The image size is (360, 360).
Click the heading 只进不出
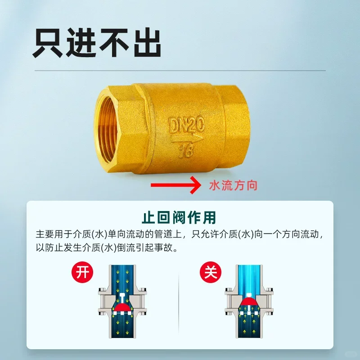[x=96, y=43]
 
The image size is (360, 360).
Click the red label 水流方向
[x=233, y=185]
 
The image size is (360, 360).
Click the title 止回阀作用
[x=180, y=217]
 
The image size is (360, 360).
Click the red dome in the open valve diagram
[x=122, y=308]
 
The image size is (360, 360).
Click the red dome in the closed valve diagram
[x=249, y=301]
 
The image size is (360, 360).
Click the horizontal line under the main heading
[x=180, y=71]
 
